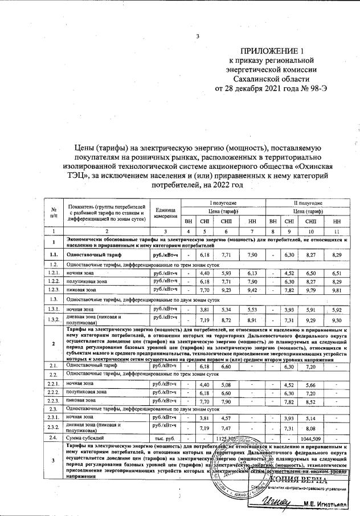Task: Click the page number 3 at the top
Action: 198,37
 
